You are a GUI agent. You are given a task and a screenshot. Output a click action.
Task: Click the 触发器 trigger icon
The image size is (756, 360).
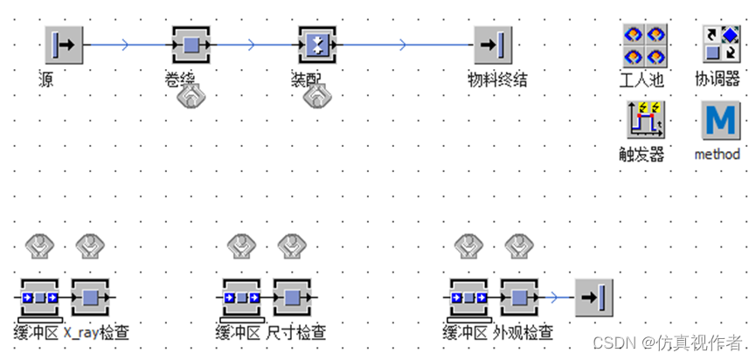(644, 121)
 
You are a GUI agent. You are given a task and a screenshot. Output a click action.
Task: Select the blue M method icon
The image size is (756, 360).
(720, 121)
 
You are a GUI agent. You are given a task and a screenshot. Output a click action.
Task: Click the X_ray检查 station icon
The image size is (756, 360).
(90, 298)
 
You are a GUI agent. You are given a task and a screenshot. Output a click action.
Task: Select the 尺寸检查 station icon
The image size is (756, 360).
(291, 298)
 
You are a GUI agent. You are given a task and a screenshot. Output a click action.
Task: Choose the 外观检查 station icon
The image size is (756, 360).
(519, 298)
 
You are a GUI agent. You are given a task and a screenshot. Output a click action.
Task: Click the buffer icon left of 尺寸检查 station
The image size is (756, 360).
(240, 298)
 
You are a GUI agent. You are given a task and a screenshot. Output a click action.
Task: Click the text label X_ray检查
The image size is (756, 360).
(96, 333)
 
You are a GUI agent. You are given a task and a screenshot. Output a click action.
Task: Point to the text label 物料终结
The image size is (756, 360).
(497, 80)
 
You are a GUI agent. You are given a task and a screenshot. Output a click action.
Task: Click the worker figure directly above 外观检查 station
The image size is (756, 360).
(518, 246)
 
